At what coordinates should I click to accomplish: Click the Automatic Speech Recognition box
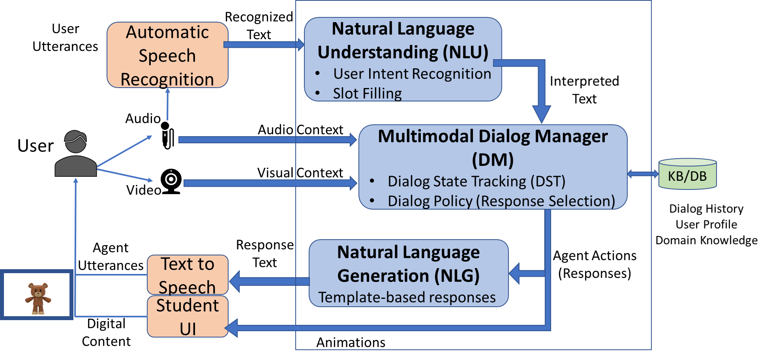click(x=167, y=55)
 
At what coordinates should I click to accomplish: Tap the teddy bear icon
click(x=38, y=298)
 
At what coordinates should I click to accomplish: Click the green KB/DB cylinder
click(x=687, y=174)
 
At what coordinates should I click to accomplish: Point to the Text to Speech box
click(x=188, y=275)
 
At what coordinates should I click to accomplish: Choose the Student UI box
click(x=188, y=317)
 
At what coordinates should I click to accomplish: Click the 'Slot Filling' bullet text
click(x=367, y=94)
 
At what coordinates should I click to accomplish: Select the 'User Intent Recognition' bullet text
click(x=412, y=74)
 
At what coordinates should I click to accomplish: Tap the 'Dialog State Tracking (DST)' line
click(x=476, y=181)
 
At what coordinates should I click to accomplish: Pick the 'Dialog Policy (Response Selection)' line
click(x=501, y=201)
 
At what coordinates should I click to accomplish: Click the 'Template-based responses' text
click(x=407, y=297)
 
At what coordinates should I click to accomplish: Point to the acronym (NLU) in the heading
click(x=465, y=52)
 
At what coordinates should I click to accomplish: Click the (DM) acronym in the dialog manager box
click(x=493, y=160)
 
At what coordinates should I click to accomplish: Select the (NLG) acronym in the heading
click(x=457, y=276)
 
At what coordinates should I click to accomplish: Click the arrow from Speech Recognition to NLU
click(x=263, y=45)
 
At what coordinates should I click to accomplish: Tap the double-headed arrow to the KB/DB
click(x=643, y=174)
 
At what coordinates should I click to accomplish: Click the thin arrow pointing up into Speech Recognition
click(x=168, y=104)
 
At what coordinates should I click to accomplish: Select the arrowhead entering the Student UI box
click(x=232, y=328)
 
